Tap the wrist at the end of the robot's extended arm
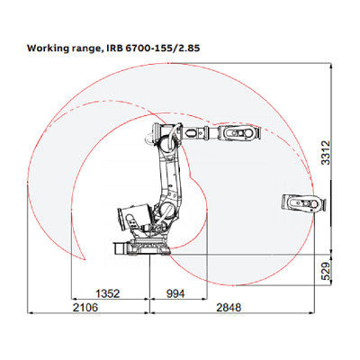click(241, 134)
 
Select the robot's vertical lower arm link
click(168, 180)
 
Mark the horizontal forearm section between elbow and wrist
click(202, 134)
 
